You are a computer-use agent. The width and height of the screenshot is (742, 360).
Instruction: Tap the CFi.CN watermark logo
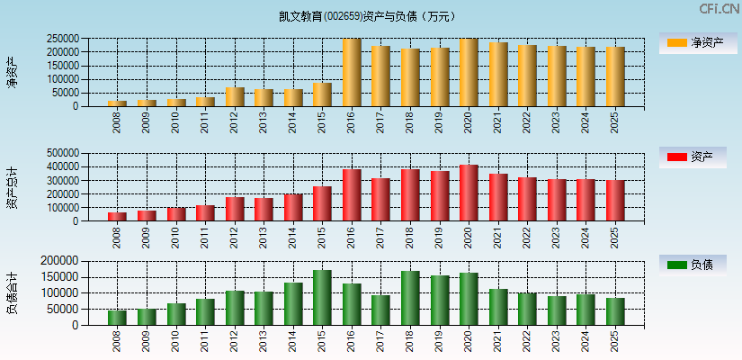click(x=719, y=9)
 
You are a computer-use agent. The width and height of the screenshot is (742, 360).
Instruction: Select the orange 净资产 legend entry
click(x=695, y=42)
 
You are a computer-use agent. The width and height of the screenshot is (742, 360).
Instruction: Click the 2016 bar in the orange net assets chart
click(x=352, y=73)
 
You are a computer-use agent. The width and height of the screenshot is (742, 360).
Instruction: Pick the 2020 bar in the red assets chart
click(x=469, y=193)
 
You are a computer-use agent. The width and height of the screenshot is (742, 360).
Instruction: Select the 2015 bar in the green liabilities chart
click(x=322, y=297)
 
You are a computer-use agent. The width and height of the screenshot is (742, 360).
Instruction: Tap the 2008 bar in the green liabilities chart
click(x=117, y=317)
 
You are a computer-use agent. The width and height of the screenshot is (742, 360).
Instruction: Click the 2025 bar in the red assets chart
click(x=615, y=200)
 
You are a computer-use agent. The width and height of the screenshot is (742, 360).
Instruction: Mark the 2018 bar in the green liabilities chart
click(x=410, y=298)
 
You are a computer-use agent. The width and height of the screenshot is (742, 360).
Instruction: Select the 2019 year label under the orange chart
click(x=440, y=121)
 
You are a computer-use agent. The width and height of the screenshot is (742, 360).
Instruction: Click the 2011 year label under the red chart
click(x=205, y=237)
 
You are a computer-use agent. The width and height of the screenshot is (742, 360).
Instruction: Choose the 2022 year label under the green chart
click(x=528, y=341)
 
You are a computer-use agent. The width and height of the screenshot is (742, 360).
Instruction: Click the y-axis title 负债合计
click(x=12, y=292)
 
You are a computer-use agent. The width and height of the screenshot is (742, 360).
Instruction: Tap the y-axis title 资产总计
click(x=12, y=187)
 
